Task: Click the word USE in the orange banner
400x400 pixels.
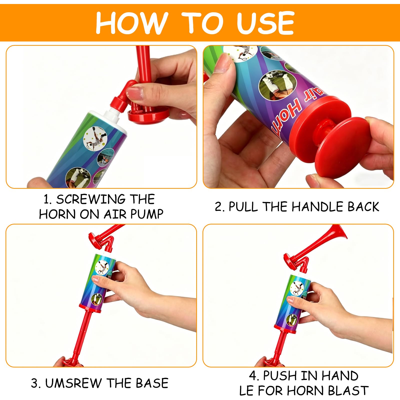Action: click(265, 23)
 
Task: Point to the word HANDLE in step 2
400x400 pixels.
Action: click(318, 207)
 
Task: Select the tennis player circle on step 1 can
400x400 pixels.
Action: click(95, 138)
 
